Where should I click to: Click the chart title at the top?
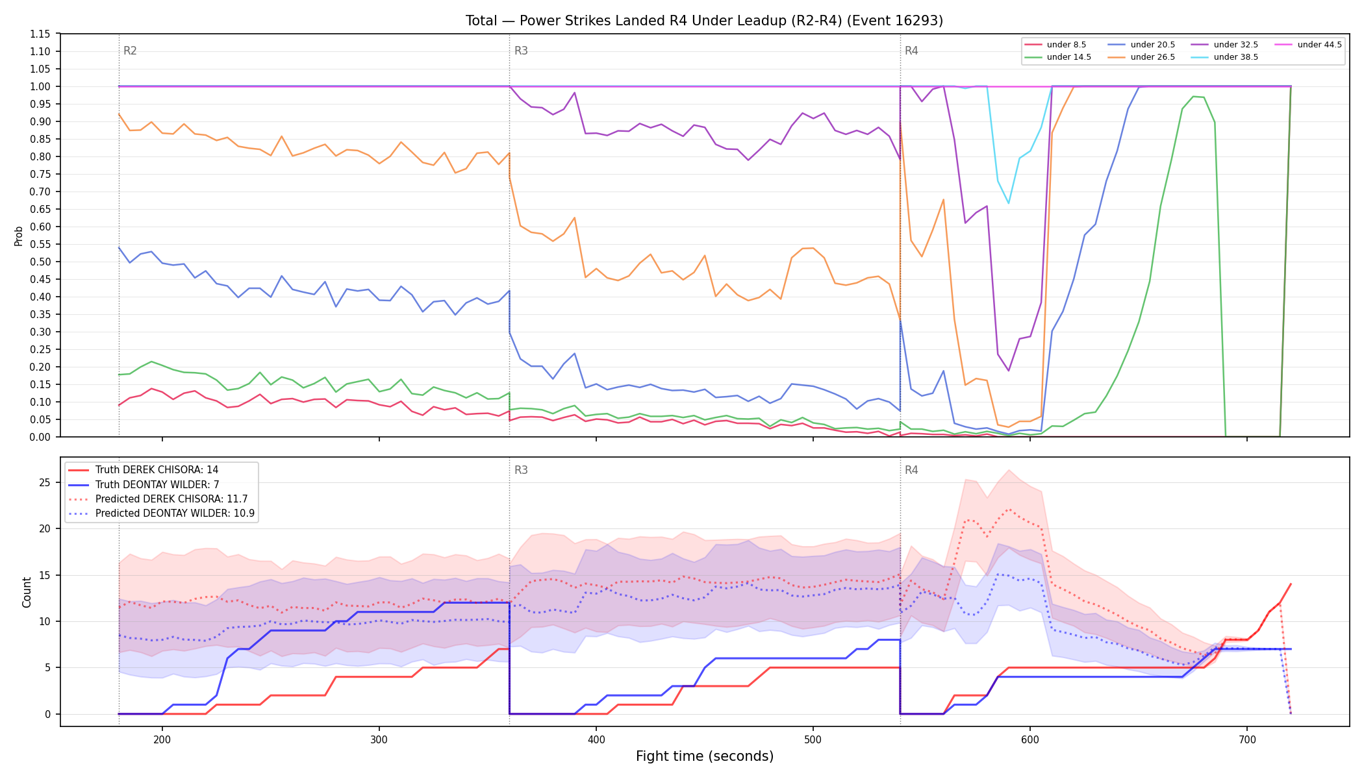pyautogui.click(x=704, y=21)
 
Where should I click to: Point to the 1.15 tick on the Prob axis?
pyautogui.click(x=40, y=34)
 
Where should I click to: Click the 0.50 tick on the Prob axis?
pyautogui.click(x=40, y=262)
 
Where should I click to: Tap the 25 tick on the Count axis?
pyautogui.click(x=45, y=482)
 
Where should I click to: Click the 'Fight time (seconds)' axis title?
pyautogui.click(x=705, y=756)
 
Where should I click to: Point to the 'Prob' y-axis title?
pyautogui.click(x=19, y=236)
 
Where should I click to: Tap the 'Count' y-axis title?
pyautogui.click(x=27, y=592)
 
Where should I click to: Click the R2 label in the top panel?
pyautogui.click(x=130, y=51)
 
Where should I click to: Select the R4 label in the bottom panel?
pyautogui.click(x=911, y=470)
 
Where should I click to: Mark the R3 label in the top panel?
pyautogui.click(x=521, y=51)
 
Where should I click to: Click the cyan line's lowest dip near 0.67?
pyautogui.click(x=1009, y=203)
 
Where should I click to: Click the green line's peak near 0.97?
pyautogui.click(x=1193, y=96)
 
